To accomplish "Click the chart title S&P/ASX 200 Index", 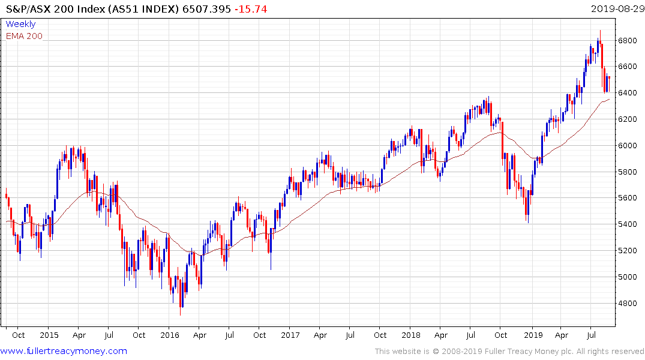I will [60, 9].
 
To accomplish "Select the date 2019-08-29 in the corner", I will [616, 9].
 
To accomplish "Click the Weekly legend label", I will [20, 24].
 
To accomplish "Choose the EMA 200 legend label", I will [24, 36].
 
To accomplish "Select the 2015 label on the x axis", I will [49, 335].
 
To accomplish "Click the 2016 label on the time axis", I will [170, 335].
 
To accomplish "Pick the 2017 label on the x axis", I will [290, 335].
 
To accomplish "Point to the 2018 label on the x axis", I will [411, 335].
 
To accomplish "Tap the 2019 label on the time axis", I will [533, 335].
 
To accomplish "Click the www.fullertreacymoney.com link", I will [64, 351].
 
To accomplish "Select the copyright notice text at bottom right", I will [509, 352].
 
